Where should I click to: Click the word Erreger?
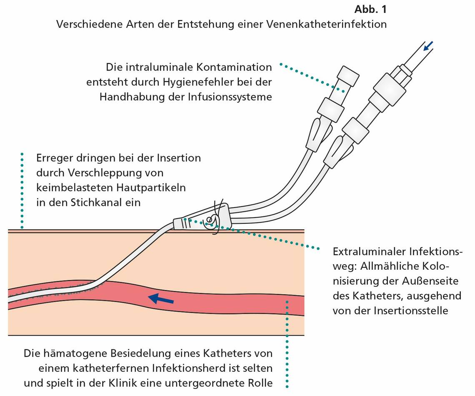click(52, 158)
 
